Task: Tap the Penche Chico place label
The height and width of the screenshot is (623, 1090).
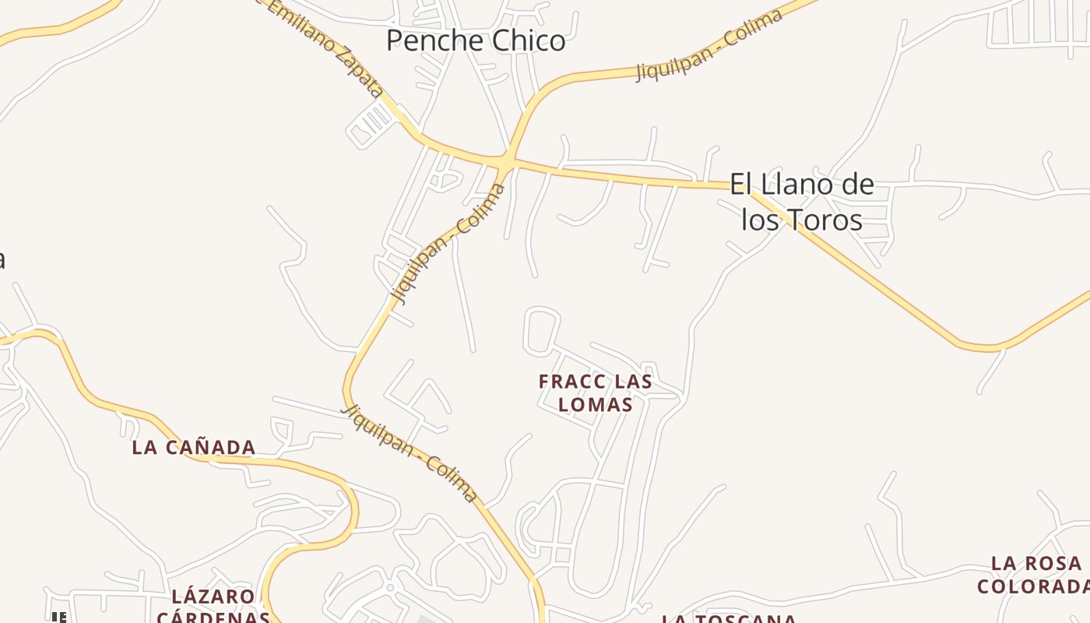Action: (476, 40)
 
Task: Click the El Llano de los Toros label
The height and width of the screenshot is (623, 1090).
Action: (802, 202)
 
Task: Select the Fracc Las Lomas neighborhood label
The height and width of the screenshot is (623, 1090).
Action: (596, 393)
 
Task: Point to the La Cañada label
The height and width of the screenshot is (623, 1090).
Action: (194, 447)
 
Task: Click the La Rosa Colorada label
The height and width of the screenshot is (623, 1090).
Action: (1035, 575)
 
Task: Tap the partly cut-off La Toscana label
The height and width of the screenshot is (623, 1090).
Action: (729, 619)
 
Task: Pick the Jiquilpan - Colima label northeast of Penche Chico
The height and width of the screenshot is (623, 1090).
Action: (709, 46)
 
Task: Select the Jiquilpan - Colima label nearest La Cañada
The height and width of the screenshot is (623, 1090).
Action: (410, 452)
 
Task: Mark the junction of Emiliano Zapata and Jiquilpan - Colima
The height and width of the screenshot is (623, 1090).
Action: (507, 161)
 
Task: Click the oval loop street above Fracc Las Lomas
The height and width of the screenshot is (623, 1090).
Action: (542, 332)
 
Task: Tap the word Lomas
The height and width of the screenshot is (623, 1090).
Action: (596, 405)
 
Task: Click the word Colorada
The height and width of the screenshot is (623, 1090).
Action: (1033, 586)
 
